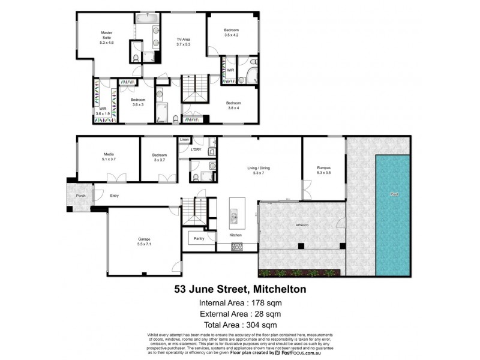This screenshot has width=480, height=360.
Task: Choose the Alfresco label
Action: [302, 224]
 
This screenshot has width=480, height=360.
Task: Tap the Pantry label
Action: [199, 239]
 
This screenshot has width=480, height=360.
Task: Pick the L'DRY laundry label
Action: [195, 149]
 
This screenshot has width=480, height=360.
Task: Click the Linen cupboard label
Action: [184, 140]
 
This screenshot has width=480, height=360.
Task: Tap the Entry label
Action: [114, 196]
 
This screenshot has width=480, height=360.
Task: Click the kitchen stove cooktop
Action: [236, 247]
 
